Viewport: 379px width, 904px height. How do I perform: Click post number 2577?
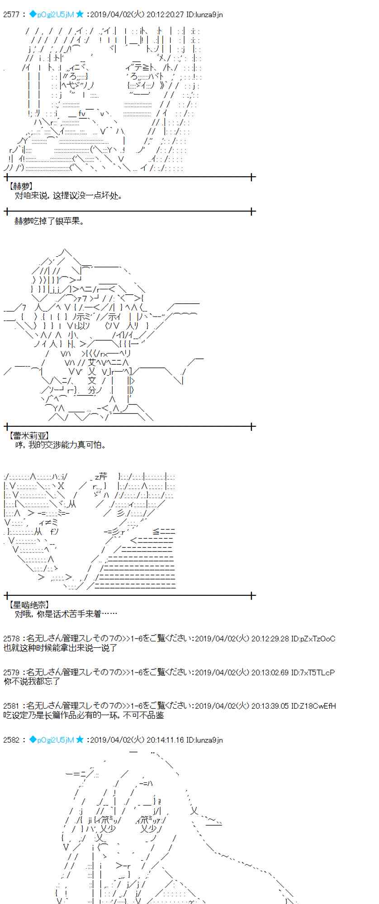(x=11, y=14)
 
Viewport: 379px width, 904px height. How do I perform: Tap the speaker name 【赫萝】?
(x=21, y=186)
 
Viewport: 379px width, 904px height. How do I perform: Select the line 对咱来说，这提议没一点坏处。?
(x=68, y=196)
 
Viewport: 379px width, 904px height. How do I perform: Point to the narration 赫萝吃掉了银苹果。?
(x=49, y=221)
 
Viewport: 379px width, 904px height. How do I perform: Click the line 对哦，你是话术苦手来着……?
(x=66, y=614)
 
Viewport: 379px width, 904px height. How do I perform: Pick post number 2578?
(x=11, y=639)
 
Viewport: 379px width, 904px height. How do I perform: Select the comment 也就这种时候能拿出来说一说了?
(x=60, y=648)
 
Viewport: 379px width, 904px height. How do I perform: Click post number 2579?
(x=11, y=673)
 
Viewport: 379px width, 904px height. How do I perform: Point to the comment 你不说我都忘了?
(x=32, y=682)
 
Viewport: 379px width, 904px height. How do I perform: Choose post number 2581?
(x=11, y=706)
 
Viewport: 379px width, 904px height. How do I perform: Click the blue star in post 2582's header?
(x=80, y=740)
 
